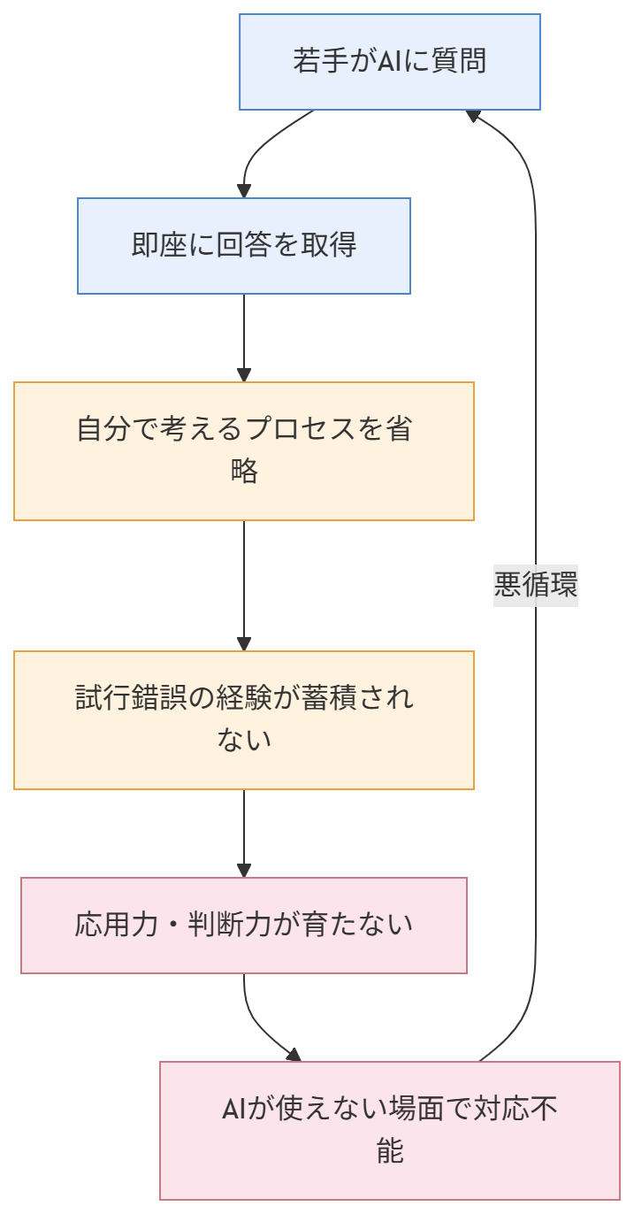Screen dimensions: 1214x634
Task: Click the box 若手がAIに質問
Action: pos(389,62)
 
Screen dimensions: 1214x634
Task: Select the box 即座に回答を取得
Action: pos(244,245)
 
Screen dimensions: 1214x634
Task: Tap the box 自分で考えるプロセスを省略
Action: pos(244,451)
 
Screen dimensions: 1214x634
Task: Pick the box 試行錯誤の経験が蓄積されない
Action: pos(244,719)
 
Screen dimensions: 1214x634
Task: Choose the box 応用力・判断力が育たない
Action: pos(244,926)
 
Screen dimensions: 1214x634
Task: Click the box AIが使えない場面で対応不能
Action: pos(389,1130)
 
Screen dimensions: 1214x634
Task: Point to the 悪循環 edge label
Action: pos(536,586)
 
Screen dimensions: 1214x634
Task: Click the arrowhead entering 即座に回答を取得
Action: pos(244,191)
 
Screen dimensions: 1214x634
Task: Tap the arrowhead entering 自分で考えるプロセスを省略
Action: pos(244,375)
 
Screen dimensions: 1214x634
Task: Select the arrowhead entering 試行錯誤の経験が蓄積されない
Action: pos(244,644)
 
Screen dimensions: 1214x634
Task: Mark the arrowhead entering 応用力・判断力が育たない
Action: pos(244,871)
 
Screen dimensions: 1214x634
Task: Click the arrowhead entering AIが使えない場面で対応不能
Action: pos(294,1055)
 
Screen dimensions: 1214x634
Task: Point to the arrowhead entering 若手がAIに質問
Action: pos(472,116)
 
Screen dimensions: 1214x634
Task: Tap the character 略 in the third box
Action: pos(244,471)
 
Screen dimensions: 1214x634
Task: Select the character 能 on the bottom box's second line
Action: pos(390,1151)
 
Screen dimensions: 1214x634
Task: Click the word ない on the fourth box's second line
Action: pos(244,739)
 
